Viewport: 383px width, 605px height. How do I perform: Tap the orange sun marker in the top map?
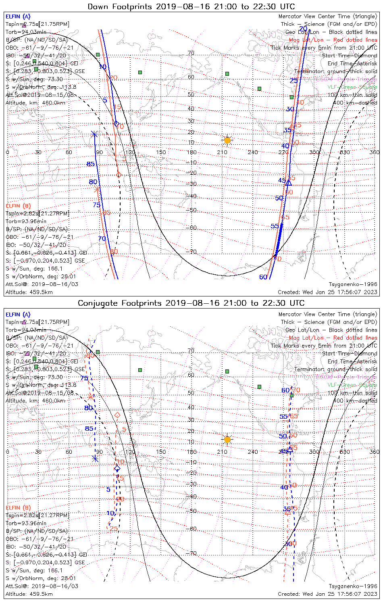(x=227, y=140)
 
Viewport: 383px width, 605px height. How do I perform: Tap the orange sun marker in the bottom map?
(x=227, y=439)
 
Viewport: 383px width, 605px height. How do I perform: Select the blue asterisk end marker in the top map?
(x=94, y=134)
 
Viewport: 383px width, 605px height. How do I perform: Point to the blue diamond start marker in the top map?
(x=117, y=124)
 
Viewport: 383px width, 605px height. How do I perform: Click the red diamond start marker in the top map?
(x=119, y=175)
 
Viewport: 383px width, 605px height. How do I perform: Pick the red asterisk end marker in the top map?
(x=97, y=189)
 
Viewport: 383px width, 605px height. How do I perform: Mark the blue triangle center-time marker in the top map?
(x=289, y=183)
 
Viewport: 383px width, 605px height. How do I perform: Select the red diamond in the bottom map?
(x=117, y=415)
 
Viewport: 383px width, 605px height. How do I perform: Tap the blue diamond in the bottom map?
(x=117, y=468)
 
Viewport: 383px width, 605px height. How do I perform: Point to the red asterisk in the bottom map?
(x=91, y=397)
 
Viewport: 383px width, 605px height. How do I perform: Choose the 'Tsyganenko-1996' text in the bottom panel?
(x=353, y=586)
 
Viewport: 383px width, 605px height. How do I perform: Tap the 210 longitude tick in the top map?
(x=222, y=152)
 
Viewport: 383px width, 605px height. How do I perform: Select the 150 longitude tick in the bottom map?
(x=161, y=452)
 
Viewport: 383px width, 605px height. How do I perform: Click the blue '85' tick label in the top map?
(x=90, y=164)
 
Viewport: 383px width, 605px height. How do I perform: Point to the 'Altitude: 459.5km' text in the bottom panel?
(x=29, y=594)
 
